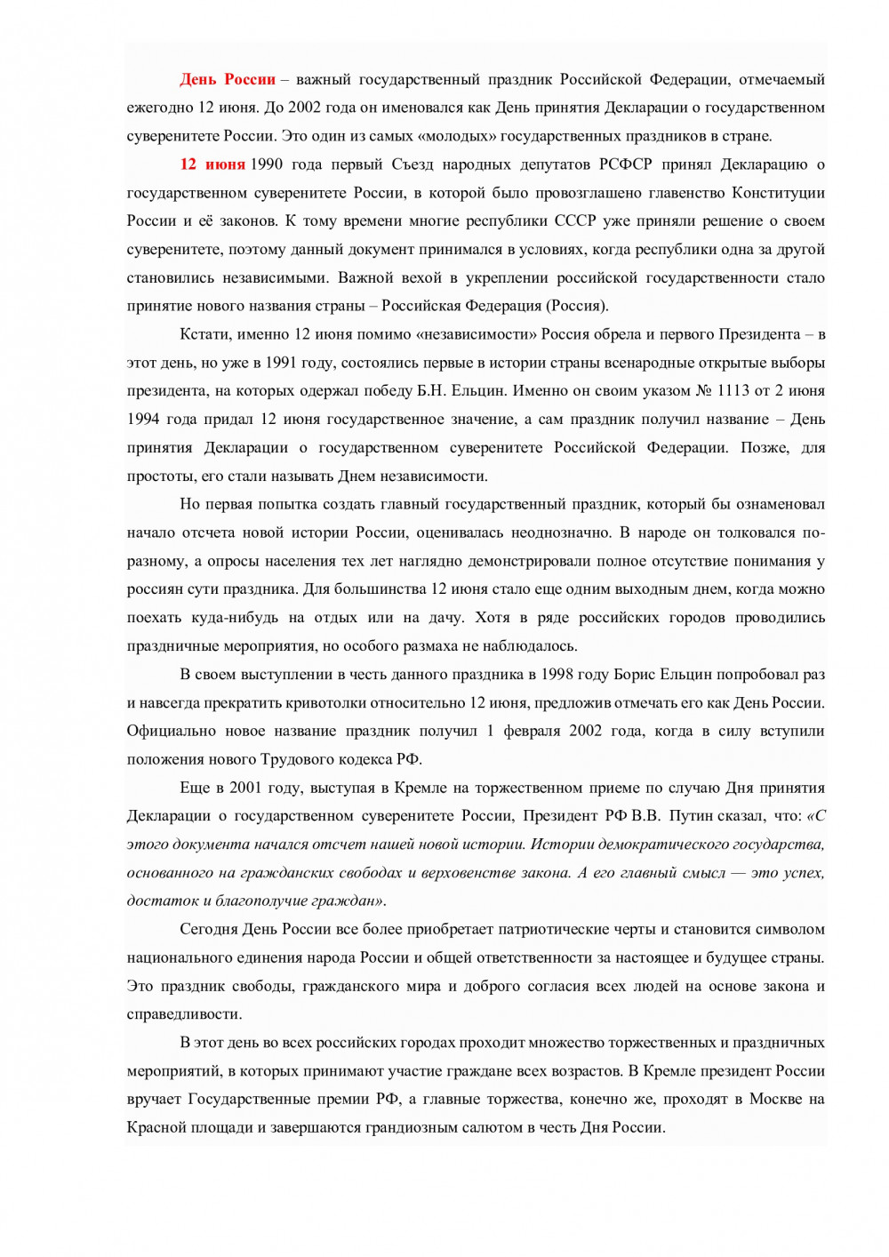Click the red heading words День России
click(x=228, y=80)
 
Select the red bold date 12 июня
click(x=212, y=164)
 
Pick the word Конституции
click(x=778, y=193)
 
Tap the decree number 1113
click(x=734, y=391)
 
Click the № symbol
click(x=703, y=391)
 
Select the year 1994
click(x=144, y=420)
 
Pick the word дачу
click(x=445, y=618)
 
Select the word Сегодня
click(x=209, y=930)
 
